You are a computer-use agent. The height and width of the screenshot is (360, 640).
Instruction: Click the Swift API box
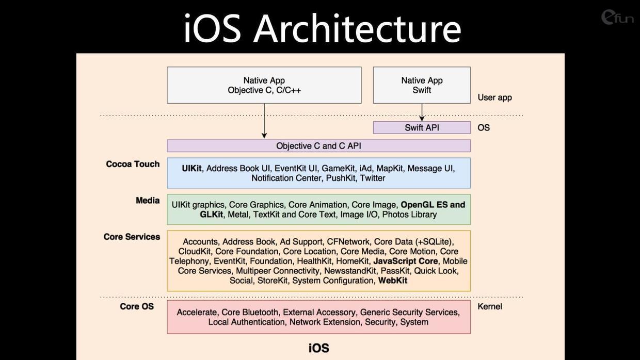(422, 127)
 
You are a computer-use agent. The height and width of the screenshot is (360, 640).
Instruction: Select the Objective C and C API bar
(318, 146)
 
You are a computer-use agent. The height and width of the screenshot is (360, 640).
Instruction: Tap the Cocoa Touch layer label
(133, 164)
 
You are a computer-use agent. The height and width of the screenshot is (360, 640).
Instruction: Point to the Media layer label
(148, 201)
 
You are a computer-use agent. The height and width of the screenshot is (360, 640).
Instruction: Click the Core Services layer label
(132, 237)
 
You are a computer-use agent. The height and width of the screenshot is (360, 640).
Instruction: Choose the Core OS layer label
(137, 306)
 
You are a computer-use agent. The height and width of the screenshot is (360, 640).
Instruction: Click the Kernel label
(490, 306)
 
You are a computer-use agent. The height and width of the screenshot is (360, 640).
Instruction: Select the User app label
(494, 97)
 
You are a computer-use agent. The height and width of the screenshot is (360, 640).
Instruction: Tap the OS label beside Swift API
(484, 127)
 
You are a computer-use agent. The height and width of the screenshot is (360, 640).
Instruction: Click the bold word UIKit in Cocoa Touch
(191, 169)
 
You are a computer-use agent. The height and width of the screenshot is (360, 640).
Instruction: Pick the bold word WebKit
(393, 281)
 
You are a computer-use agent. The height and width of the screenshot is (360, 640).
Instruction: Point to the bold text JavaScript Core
(406, 261)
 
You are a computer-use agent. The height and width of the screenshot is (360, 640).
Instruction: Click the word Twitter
(373, 178)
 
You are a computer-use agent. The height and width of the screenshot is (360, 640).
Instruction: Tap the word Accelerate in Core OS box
(197, 313)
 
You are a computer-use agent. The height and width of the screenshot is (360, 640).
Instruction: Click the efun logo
(617, 17)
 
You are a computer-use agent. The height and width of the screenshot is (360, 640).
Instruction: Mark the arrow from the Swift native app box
(422, 112)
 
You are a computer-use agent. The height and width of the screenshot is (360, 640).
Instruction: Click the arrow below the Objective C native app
(264, 121)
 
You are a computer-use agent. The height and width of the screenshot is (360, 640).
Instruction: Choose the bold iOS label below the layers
(319, 348)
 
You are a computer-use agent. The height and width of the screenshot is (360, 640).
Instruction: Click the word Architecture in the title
(358, 29)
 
